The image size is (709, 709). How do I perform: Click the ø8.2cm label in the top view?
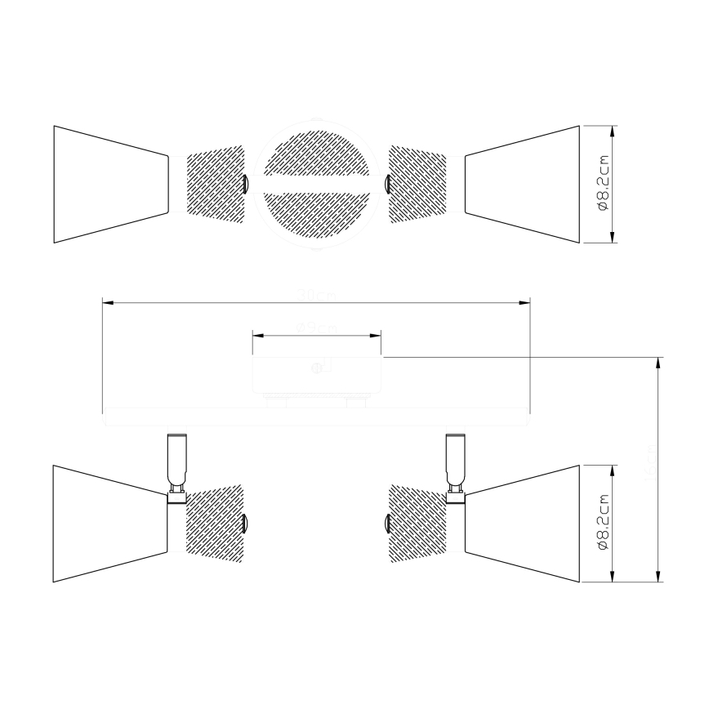click(x=604, y=184)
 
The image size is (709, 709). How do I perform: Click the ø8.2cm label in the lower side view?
click(x=604, y=524)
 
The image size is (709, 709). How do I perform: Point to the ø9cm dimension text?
click(x=317, y=328)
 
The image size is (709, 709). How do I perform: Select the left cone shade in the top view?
click(x=109, y=184)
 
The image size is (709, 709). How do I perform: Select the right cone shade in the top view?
click(x=523, y=184)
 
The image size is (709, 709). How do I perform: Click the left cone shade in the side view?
click(x=109, y=524)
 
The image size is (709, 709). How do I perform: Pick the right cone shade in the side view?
click(x=523, y=524)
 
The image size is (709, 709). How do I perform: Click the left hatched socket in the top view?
click(x=216, y=184)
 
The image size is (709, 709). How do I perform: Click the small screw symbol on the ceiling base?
click(x=316, y=368)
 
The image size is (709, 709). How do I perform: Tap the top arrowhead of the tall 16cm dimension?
click(x=658, y=362)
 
